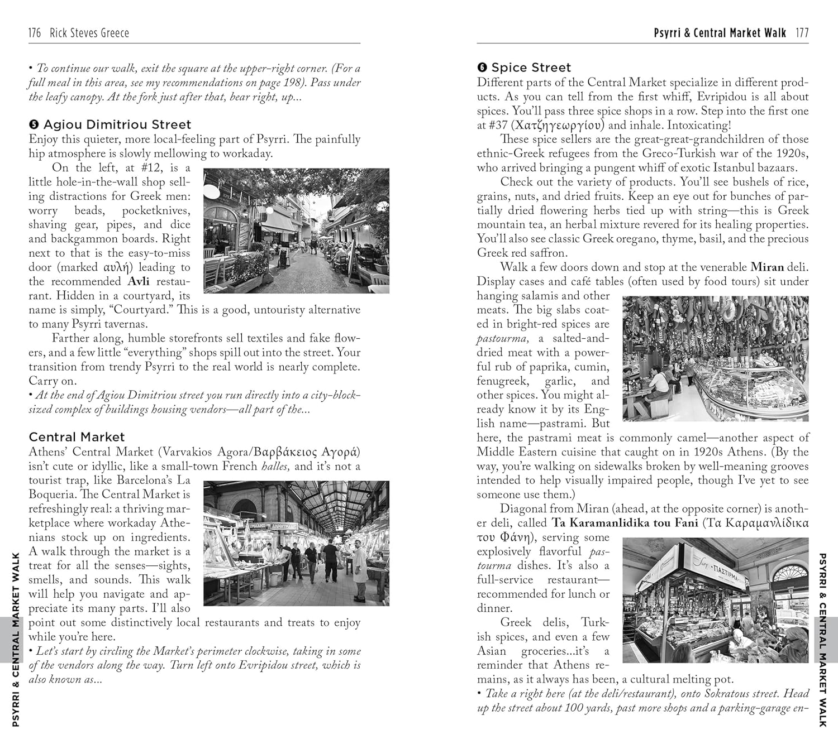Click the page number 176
(x=35, y=33)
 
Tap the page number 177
(x=802, y=33)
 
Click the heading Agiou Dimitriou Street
(x=117, y=124)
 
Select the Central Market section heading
(x=77, y=437)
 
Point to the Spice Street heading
(x=531, y=68)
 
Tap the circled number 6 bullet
(x=482, y=68)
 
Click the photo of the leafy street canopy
(x=296, y=231)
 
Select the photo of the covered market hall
(x=296, y=543)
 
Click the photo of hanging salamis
(x=715, y=358)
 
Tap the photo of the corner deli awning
(x=715, y=600)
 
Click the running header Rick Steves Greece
(x=89, y=33)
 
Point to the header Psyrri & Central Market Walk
(x=720, y=33)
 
